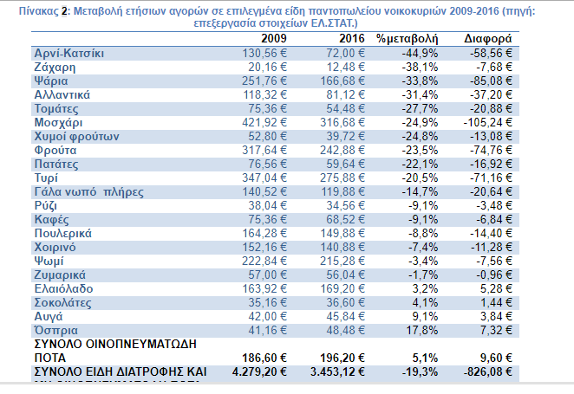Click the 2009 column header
[x=275, y=40]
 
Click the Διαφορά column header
[x=487, y=40]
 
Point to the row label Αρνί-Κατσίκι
[x=70, y=54]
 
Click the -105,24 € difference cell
[x=486, y=123]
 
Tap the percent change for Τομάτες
[x=419, y=109]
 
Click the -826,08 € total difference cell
[x=486, y=371]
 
